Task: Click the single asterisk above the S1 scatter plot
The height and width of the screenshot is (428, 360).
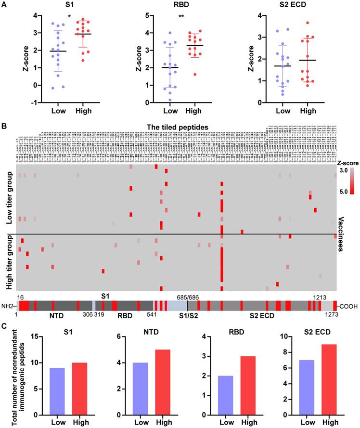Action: tap(70, 17)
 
